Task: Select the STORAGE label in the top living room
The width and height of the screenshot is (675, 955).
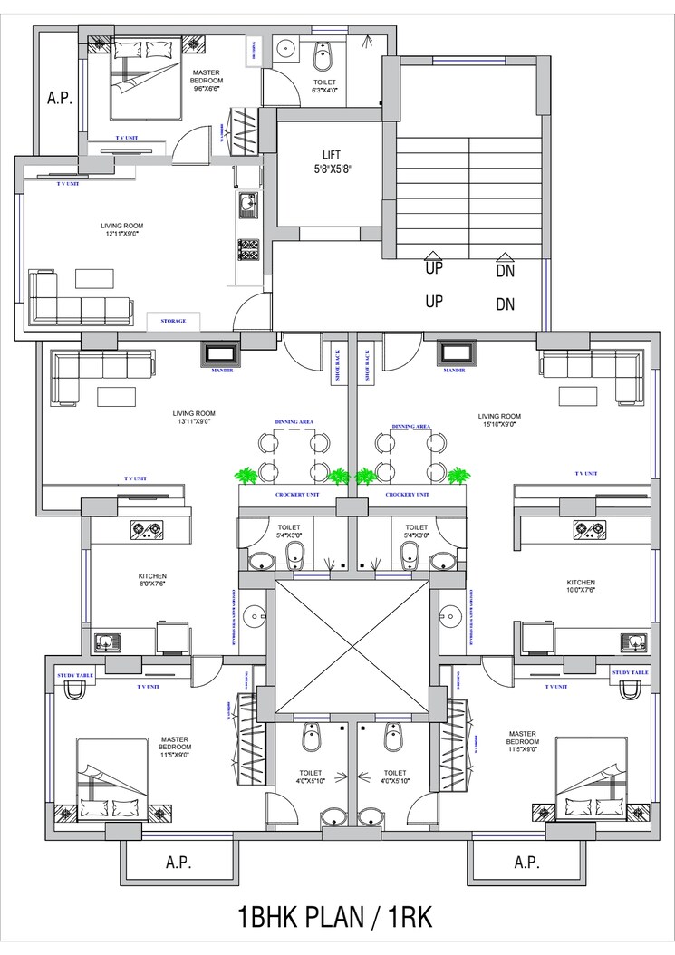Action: (x=173, y=321)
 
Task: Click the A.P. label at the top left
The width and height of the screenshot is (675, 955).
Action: (x=59, y=98)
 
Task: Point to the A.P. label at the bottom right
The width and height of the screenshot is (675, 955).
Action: (x=526, y=861)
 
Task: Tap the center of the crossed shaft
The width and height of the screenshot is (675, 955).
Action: (x=351, y=646)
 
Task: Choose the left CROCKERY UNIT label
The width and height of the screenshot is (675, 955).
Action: (x=293, y=495)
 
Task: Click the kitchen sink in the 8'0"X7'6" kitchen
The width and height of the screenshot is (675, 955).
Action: (x=107, y=643)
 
